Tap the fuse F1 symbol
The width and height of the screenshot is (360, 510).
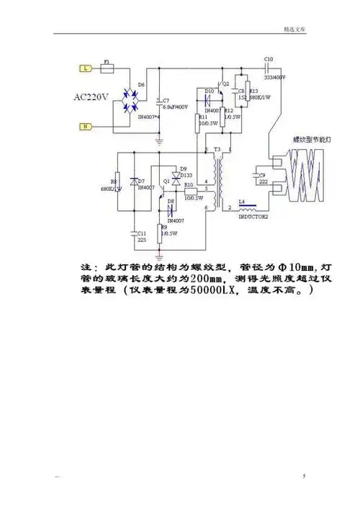[107, 69]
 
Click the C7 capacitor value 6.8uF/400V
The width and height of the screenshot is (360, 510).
[176, 107]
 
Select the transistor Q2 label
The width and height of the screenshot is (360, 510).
[225, 84]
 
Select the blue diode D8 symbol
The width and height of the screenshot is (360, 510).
[171, 209]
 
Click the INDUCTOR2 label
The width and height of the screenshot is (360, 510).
[253, 215]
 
